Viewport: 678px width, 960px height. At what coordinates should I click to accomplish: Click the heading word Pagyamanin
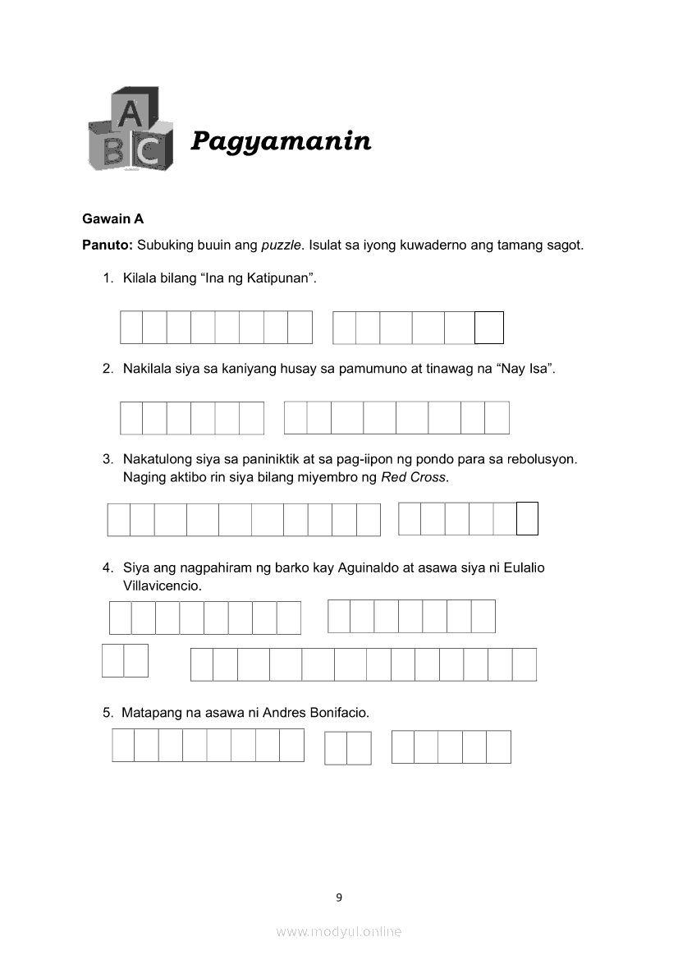tap(281, 141)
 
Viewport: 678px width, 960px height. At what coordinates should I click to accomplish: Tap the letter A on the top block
tap(128, 114)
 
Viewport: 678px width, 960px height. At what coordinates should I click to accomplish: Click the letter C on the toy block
tap(149, 151)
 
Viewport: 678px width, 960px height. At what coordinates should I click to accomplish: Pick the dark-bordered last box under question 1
tap(489, 328)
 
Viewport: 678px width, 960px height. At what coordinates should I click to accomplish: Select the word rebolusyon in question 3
tap(545, 458)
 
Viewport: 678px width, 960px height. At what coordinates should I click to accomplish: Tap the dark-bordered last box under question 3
tap(527, 518)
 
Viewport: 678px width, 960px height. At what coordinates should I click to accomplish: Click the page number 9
tap(339, 897)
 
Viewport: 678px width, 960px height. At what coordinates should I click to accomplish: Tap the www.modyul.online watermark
tap(339, 931)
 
